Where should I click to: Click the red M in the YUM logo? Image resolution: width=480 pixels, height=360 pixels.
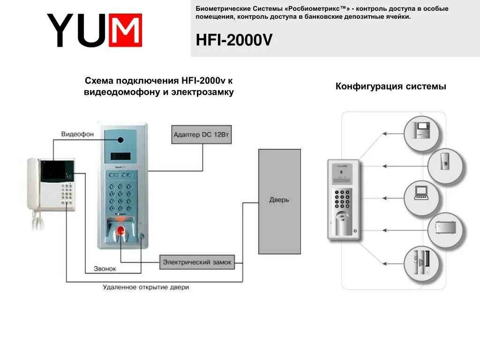[x=125, y=30]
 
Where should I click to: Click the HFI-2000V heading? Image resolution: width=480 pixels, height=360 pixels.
[x=234, y=40]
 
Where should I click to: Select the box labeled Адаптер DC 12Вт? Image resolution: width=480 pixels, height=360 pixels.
[x=202, y=135]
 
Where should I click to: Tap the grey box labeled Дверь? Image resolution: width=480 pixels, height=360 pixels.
[x=279, y=201]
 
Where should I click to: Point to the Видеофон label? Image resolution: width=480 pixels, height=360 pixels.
[x=77, y=134]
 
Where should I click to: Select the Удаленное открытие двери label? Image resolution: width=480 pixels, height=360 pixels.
[x=146, y=287]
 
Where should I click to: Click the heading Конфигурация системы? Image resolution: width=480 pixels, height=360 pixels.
[x=390, y=87]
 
